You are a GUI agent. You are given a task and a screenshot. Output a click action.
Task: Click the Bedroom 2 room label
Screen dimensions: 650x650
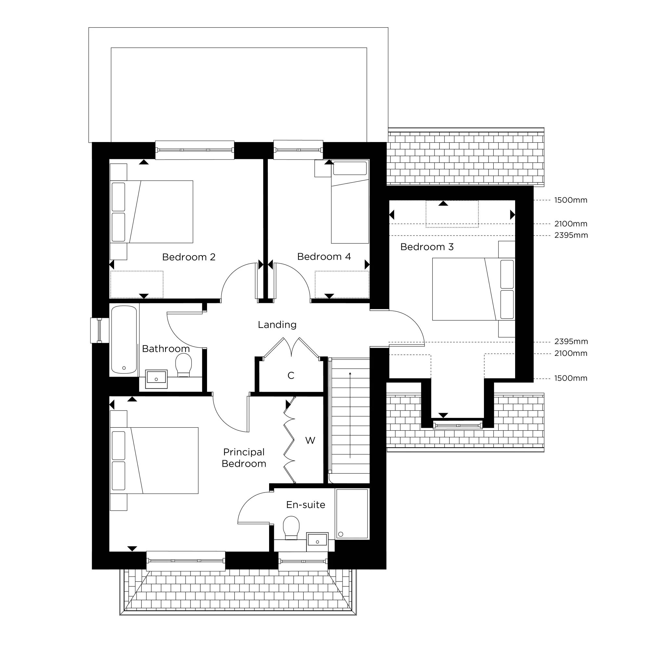click(188, 257)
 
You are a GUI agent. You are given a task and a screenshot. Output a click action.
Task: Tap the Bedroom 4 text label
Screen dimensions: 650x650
click(324, 257)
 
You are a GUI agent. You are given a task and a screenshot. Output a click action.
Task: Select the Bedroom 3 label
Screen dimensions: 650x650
click(427, 247)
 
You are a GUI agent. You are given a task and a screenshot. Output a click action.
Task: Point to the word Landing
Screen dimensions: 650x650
click(277, 325)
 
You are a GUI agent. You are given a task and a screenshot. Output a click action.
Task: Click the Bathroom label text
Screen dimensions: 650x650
click(165, 348)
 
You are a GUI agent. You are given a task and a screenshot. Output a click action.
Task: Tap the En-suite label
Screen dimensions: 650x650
click(305, 505)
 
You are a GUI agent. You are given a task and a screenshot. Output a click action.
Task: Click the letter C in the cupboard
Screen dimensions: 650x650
click(291, 375)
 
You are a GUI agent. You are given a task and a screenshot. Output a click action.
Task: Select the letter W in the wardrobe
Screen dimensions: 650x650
click(310, 440)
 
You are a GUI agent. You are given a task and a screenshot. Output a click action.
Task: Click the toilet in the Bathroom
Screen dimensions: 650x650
click(183, 365)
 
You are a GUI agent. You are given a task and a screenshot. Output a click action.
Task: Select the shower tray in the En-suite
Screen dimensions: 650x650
click(352, 513)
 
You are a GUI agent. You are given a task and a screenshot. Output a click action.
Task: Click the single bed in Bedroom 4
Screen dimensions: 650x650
click(350, 202)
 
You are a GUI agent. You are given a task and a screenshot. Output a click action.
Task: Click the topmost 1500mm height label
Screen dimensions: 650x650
click(571, 200)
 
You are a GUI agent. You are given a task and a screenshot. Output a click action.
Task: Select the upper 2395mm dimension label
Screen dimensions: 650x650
click(571, 235)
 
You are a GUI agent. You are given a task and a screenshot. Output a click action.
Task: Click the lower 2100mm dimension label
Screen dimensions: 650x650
click(571, 353)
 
